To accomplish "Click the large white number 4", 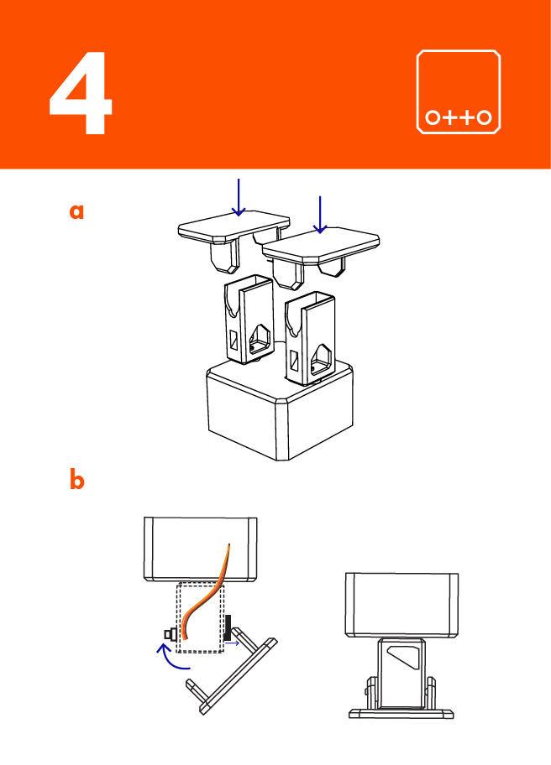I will click(81, 94).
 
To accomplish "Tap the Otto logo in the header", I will click(459, 91).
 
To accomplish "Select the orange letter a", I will click(76, 211).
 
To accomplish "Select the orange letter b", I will click(76, 481).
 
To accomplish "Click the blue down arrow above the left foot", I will click(239, 198).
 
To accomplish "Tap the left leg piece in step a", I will click(249, 323).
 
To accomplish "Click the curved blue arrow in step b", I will click(175, 659).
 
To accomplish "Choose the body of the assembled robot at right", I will click(401, 604).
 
